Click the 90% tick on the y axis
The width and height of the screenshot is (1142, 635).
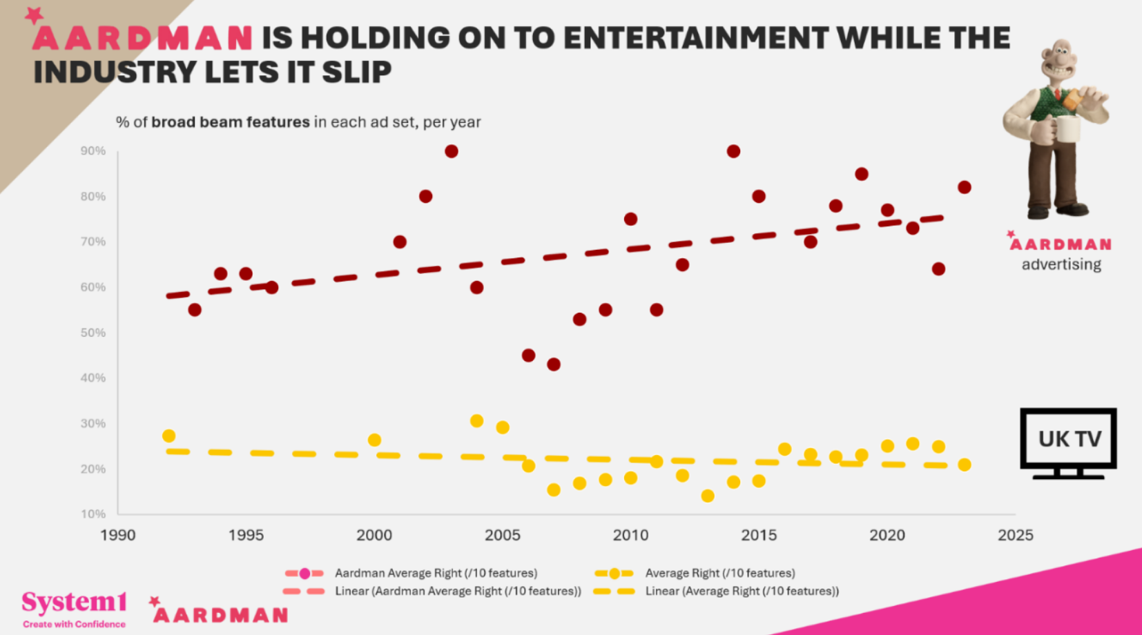93,151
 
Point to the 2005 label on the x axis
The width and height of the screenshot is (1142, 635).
502,535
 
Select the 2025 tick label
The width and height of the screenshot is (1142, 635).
1015,535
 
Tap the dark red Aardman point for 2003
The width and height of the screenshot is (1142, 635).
452,151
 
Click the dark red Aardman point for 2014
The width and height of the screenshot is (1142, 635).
733,151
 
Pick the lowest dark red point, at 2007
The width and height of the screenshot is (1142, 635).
554,364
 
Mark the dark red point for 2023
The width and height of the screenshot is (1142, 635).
965,187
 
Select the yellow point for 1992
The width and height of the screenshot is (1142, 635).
168,436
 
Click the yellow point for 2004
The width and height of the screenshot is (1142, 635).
476,421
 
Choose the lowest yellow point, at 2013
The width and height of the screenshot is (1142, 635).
708,496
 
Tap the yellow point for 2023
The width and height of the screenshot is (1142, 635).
965,465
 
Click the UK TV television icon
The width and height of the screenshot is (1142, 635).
1068,442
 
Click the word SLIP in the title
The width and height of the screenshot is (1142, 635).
356,72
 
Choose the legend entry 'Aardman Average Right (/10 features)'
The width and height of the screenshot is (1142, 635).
435,573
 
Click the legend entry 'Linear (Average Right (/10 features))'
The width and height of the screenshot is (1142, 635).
742,591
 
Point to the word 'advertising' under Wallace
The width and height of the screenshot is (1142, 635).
1061,264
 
